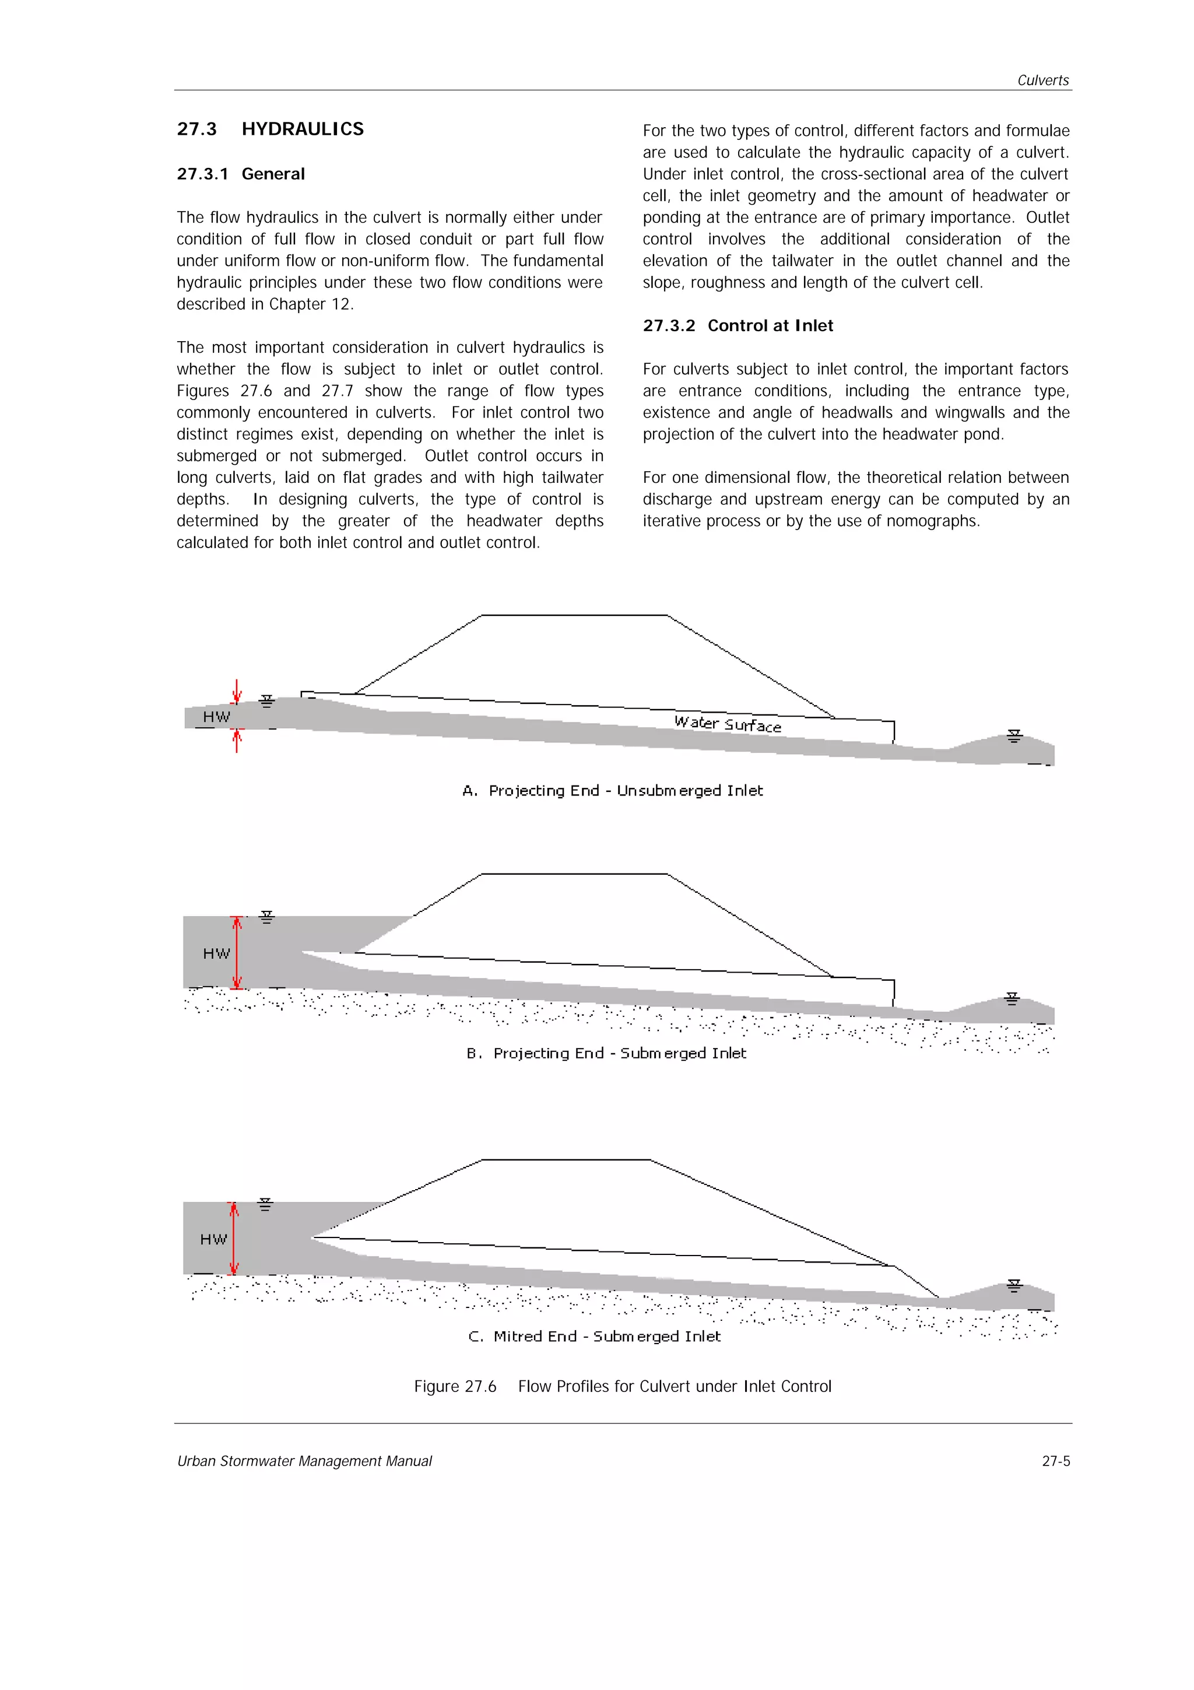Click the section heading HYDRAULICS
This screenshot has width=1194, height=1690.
pyautogui.click(x=303, y=129)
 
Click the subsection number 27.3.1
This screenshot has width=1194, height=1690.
pyautogui.click(x=202, y=174)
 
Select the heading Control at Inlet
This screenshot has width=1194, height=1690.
pyautogui.click(x=770, y=325)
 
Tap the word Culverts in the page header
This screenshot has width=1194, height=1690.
pyautogui.click(x=1042, y=80)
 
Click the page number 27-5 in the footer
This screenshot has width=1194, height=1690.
pyautogui.click(x=1056, y=1461)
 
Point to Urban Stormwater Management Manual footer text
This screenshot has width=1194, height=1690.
pyautogui.click(x=304, y=1461)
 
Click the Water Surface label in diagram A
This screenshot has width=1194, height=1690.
pyautogui.click(x=728, y=724)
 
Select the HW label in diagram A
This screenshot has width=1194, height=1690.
pyautogui.click(x=216, y=717)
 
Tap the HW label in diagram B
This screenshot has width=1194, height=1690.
pyautogui.click(x=216, y=953)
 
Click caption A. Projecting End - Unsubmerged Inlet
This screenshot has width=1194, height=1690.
pyautogui.click(x=613, y=791)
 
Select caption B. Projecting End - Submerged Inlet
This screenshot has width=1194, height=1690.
pyautogui.click(x=606, y=1053)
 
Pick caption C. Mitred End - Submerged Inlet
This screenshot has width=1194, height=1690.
pyautogui.click(x=595, y=1336)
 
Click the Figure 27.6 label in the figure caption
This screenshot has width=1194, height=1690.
pyautogui.click(x=455, y=1386)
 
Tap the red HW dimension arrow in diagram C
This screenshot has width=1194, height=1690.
pyautogui.click(x=234, y=1238)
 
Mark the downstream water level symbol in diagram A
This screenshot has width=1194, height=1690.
pyautogui.click(x=1014, y=736)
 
